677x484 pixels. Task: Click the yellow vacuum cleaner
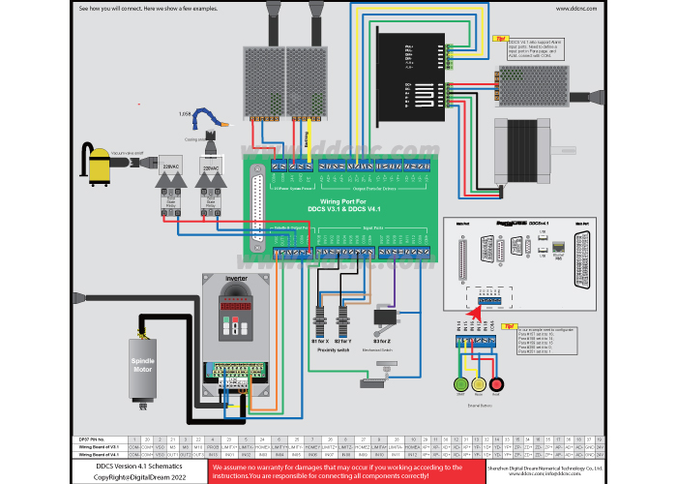click(99, 165)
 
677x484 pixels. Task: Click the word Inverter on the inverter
click(237, 278)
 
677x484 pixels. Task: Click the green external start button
click(460, 384)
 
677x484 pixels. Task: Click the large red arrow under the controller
click(474, 310)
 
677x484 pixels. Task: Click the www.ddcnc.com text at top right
click(575, 9)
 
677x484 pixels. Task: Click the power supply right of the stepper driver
click(534, 85)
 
